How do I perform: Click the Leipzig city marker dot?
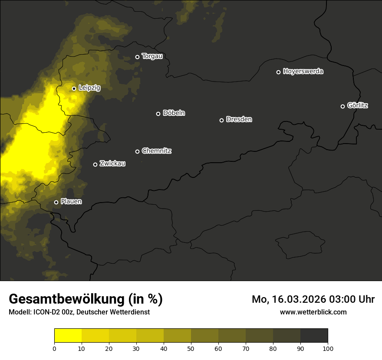[74, 88]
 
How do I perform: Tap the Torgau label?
[152, 56]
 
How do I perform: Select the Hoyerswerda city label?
[303, 72]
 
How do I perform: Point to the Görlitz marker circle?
[342, 106]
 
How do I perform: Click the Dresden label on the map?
[239, 119]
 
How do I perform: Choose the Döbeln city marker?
[158, 114]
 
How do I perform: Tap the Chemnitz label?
[156, 151]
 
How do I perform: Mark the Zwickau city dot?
[95, 164]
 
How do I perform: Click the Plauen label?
[71, 202]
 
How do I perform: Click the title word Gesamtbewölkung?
[67, 299]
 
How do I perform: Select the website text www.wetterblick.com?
[313, 312]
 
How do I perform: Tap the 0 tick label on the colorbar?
[54, 348]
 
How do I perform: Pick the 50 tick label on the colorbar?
[191, 348]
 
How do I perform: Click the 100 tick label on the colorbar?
[328, 348]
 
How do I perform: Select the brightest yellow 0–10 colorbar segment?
[68, 335]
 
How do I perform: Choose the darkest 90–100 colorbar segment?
[314, 335]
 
